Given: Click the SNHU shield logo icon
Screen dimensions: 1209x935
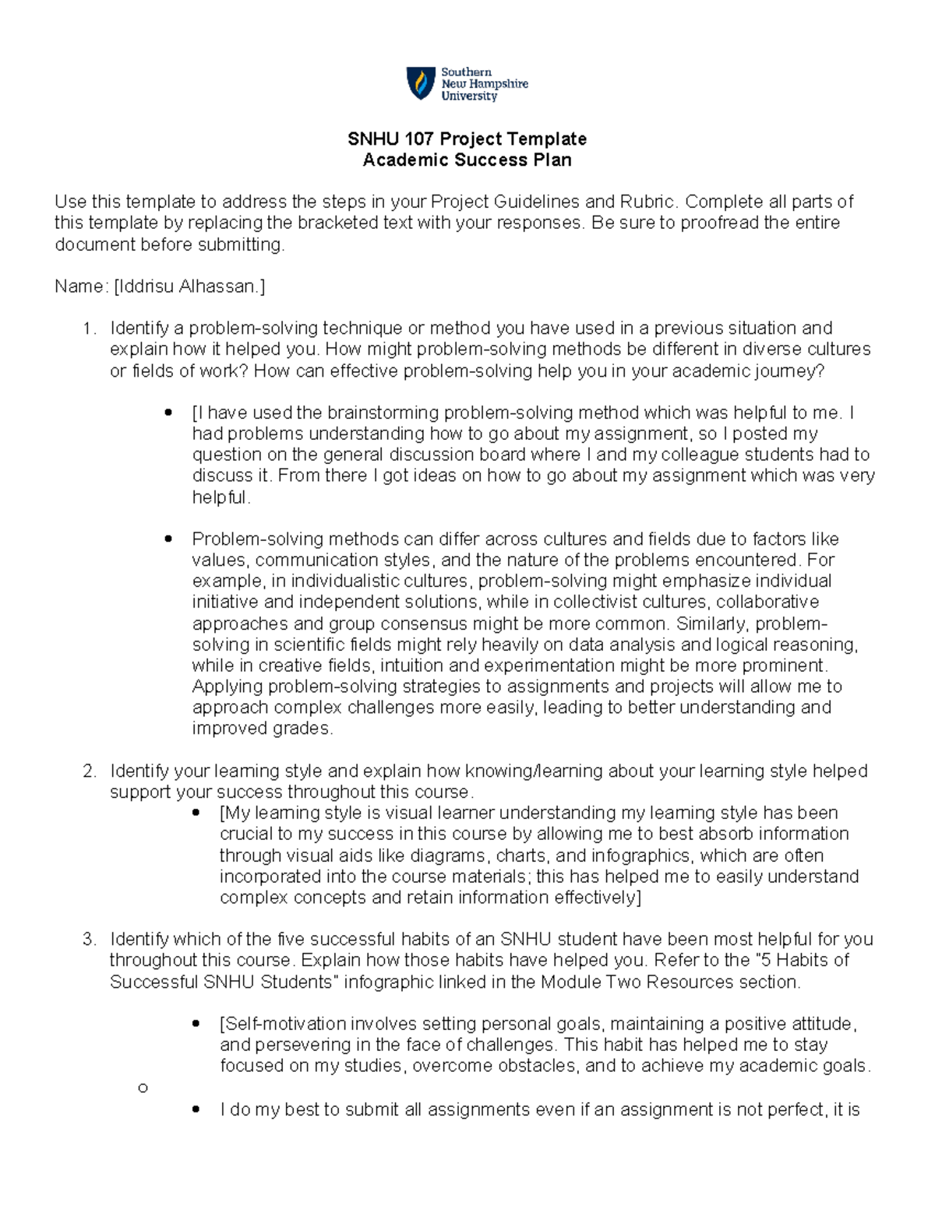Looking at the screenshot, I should (421, 83).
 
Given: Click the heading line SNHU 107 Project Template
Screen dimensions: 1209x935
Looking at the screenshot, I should (467, 139).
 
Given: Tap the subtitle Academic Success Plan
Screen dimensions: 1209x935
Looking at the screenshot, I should (467, 160).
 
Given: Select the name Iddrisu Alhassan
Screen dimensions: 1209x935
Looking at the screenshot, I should (189, 286).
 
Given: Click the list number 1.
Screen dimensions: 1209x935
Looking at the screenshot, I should (89, 329).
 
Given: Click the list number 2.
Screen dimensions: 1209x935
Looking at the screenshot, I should (89, 771).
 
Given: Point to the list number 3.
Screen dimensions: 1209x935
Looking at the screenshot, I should (89, 940).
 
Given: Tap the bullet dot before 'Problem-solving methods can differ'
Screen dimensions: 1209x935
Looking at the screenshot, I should (168, 539).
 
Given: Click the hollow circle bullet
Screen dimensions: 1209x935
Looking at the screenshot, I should (142, 1088).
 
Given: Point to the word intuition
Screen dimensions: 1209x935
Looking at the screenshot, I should (411, 666).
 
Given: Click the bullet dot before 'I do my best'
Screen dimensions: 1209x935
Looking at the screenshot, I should (196, 1109).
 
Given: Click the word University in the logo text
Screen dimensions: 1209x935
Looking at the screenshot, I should (469, 97).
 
